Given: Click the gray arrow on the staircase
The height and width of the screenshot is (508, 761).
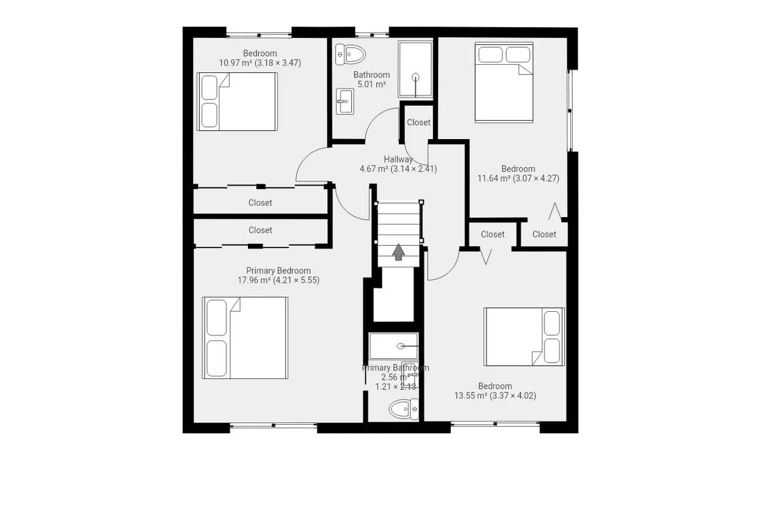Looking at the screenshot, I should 398,252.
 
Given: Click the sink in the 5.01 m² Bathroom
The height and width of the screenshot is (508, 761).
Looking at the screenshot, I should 344,100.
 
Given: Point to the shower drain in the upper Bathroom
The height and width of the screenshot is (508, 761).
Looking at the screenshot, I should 416,77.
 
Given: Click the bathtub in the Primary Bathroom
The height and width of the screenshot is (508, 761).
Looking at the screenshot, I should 394,347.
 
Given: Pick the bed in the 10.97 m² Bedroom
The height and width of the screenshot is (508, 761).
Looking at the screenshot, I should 237,102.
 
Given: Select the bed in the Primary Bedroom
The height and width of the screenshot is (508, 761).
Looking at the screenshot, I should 245,337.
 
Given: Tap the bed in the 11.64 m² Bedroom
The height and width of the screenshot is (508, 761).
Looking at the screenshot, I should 504,83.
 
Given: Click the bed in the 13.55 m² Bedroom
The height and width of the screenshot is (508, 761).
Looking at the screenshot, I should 524,337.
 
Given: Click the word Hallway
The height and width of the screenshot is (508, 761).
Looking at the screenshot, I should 398,159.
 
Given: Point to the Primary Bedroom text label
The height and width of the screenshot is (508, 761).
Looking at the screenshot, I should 278,271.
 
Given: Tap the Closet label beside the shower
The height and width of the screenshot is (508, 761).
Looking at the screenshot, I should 419,123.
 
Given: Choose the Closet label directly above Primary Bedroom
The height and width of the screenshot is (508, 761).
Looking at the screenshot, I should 260,231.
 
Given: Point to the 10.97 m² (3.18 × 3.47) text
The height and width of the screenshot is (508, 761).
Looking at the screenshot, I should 259,63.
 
